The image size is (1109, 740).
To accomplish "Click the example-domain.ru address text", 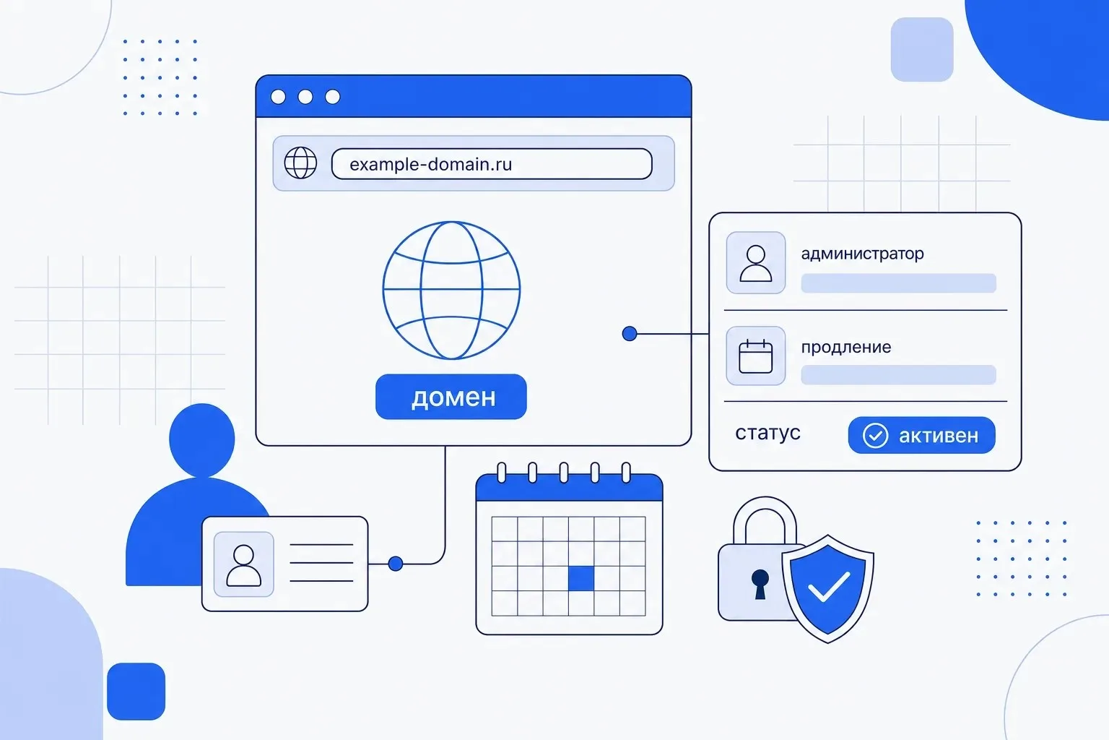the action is pyautogui.click(x=430, y=164).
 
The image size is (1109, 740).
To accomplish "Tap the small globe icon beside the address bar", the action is pyautogui.click(x=300, y=163).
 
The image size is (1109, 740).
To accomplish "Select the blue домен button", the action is pyautogui.click(x=451, y=397).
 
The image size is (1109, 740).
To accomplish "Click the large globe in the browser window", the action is pyautogui.click(x=451, y=290).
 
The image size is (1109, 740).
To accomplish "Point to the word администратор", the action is pyautogui.click(x=863, y=254).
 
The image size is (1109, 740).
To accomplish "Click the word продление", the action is pyautogui.click(x=846, y=348).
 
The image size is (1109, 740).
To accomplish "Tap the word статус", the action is pyautogui.click(x=767, y=433).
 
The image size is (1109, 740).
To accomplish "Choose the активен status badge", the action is pyautogui.click(x=922, y=435).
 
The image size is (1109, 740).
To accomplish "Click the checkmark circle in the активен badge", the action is pyautogui.click(x=875, y=436).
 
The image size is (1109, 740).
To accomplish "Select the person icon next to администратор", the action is pyautogui.click(x=755, y=263).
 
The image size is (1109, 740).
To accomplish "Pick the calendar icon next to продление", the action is pyautogui.click(x=755, y=356).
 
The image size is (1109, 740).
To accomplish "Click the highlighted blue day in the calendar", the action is pyautogui.click(x=581, y=578).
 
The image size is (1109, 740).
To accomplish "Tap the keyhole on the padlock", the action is pyautogui.click(x=760, y=584).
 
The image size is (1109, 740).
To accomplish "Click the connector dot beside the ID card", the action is pyautogui.click(x=396, y=564).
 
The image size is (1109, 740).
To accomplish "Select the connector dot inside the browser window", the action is pyautogui.click(x=630, y=334).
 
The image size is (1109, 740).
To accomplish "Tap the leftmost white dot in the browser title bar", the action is pyautogui.click(x=278, y=97).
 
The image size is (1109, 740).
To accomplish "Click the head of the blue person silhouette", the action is pyautogui.click(x=202, y=439).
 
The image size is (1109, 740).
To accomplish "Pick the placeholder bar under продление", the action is pyautogui.click(x=899, y=375).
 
